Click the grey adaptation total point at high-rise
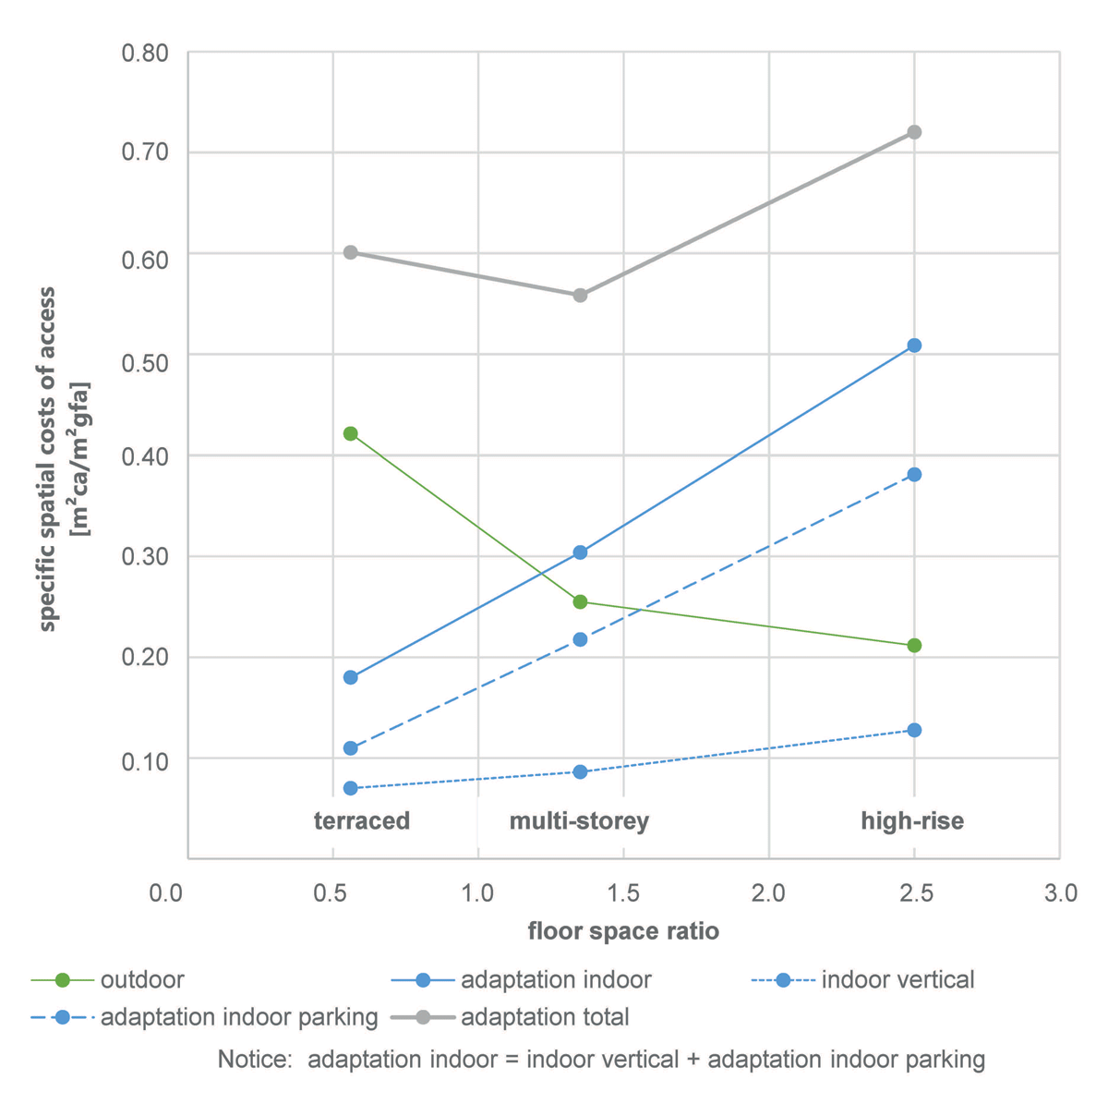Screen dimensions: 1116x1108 click(x=914, y=132)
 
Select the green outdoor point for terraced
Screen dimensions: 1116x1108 click(x=350, y=433)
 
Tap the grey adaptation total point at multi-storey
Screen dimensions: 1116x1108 click(x=580, y=295)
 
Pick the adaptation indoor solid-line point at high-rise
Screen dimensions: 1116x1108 click(x=914, y=346)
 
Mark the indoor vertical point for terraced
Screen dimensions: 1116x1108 click(x=350, y=788)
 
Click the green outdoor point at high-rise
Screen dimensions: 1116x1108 click(x=914, y=645)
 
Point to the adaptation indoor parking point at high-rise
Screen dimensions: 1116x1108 click(x=914, y=474)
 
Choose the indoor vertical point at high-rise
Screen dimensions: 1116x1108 click(x=914, y=730)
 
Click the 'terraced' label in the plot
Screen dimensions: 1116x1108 click(x=362, y=821)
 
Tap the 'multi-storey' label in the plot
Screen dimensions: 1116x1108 click(x=579, y=821)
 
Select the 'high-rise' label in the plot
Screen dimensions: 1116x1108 click(x=912, y=821)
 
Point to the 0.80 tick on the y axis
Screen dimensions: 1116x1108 click(x=145, y=53)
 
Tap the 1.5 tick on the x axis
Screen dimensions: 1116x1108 click(x=624, y=893)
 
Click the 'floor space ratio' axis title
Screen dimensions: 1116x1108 click(x=623, y=931)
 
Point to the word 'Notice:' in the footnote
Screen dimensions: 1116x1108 click(x=255, y=1059)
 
